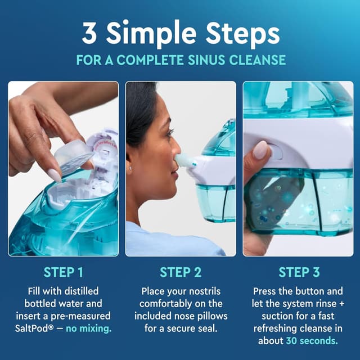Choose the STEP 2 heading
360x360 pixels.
181,272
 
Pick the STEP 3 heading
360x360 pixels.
299,272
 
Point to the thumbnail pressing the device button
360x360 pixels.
260,150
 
